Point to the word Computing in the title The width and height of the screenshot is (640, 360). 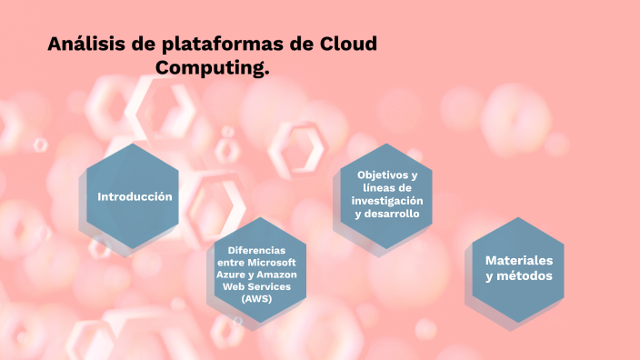tap(212, 68)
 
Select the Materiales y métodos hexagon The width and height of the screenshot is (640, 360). tap(518, 269)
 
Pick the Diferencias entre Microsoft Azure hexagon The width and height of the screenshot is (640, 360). tap(255, 273)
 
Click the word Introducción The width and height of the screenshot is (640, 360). tap(135, 196)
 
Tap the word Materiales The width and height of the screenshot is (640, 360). tap(518, 260)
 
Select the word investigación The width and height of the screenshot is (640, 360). tap(387, 201)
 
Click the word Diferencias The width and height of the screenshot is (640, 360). tap(256, 250)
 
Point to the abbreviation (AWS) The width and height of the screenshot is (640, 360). tap(256, 297)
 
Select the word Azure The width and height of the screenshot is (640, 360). tap(229, 274)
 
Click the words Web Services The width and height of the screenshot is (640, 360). tap(256, 285)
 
